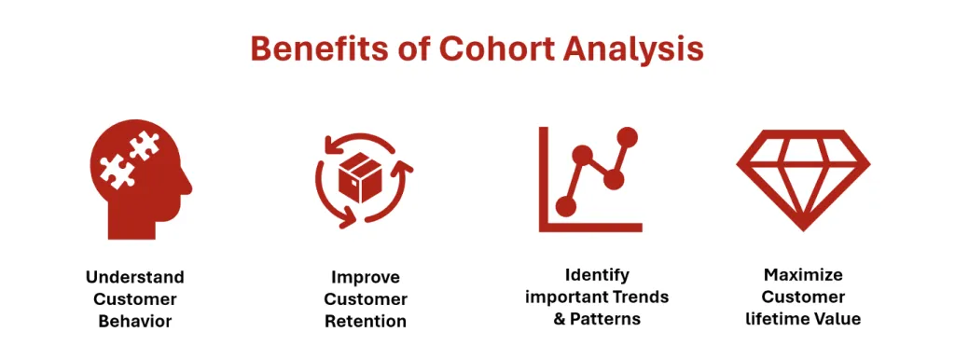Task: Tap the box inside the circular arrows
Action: [361, 177]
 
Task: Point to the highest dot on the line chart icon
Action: [626, 137]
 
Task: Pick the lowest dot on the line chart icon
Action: [566, 206]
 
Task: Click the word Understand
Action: [135, 277]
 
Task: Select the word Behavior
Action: [135, 321]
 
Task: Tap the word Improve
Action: [366, 278]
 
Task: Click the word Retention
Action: [366, 321]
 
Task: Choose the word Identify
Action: [597, 276]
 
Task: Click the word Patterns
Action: [605, 319]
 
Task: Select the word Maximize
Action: [803, 275]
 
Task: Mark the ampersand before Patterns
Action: [560, 319]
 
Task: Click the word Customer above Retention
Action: [366, 299]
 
